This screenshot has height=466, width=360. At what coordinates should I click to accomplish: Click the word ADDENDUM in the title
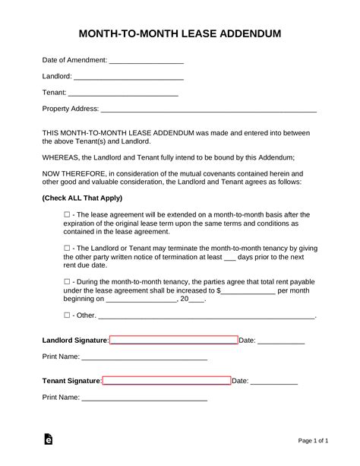tap(244, 34)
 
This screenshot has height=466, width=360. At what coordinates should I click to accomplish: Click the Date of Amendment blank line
tap(147, 60)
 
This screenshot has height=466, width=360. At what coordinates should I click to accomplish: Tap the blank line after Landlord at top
tap(129, 77)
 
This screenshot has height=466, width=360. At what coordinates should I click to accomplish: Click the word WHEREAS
tap(62, 157)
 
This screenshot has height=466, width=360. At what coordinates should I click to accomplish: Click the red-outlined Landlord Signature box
tap(174, 341)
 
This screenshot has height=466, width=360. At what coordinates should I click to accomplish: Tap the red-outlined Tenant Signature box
tap(166, 380)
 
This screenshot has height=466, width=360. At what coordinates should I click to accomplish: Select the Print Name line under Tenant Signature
tap(144, 397)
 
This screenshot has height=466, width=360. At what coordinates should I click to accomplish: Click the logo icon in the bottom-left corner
tap(49, 439)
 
